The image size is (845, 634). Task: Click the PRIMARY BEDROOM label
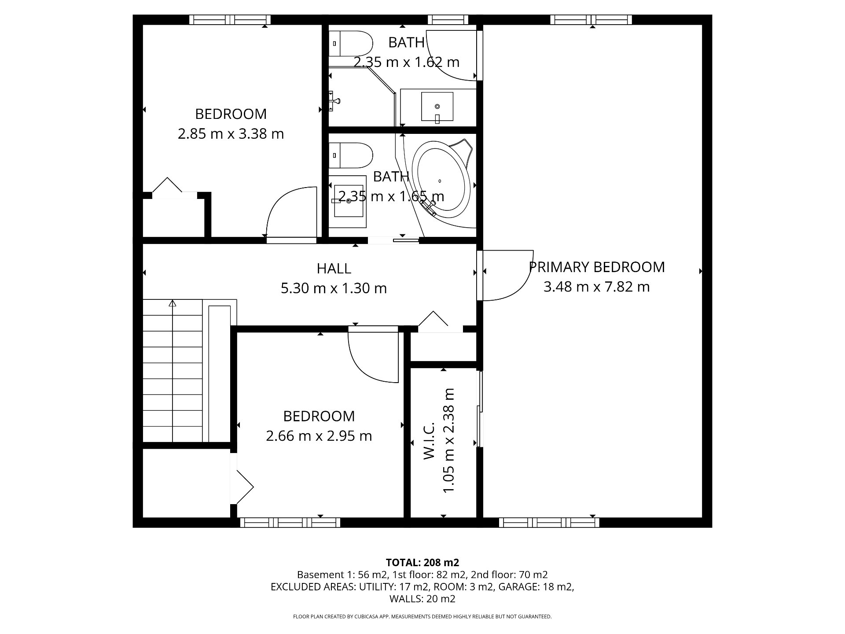coord(596,267)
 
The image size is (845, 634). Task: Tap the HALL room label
coord(334,268)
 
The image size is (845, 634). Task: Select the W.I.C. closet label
coord(429,441)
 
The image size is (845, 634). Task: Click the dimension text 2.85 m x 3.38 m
coord(231,133)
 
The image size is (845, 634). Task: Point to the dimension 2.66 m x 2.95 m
coord(319,436)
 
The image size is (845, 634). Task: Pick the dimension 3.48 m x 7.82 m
coord(596,287)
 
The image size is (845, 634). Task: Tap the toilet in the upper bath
coord(351,44)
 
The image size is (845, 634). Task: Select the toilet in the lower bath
coord(351,155)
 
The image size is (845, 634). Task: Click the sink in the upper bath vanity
coord(437,107)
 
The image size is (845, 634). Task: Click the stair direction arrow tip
coord(173,301)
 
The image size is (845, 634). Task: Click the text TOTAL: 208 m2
coord(422,562)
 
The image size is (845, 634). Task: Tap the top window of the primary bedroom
coord(591,19)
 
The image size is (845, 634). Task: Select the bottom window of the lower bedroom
coord(290,523)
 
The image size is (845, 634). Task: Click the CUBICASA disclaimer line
coord(422,617)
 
